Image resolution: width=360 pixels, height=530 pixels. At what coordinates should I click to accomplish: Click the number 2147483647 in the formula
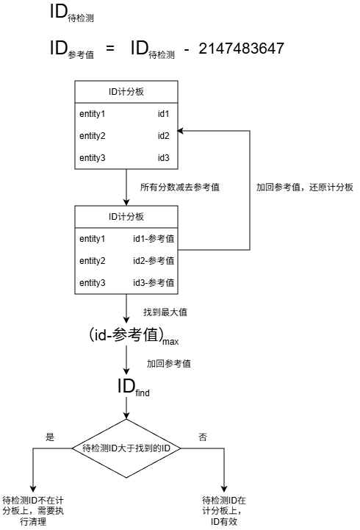[x=242, y=49]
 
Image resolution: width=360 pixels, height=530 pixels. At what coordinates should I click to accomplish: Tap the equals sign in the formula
[x=109, y=49]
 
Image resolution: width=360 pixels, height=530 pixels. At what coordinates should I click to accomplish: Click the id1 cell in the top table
[x=163, y=114]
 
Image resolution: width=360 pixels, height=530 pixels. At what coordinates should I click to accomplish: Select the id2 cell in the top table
[x=163, y=136]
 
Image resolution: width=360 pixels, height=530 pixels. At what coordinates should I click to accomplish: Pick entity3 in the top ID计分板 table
[x=93, y=158]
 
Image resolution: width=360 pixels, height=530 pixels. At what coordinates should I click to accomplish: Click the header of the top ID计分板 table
[x=126, y=91]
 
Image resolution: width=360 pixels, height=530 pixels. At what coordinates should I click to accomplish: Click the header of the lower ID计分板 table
[x=126, y=216]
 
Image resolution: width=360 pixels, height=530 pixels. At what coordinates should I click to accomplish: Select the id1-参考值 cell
[x=153, y=239]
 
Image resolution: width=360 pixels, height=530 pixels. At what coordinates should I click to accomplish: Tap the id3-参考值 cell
[x=153, y=283]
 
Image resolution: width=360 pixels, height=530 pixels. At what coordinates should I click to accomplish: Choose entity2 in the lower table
[x=93, y=261]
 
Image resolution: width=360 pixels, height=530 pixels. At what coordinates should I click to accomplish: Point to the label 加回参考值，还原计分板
[x=304, y=187]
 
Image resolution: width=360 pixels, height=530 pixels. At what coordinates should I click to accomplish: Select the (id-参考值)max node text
[x=126, y=336]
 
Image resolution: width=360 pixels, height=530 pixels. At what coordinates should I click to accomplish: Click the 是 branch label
[x=50, y=437]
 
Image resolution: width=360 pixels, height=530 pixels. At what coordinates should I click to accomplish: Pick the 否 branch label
[x=203, y=437]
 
